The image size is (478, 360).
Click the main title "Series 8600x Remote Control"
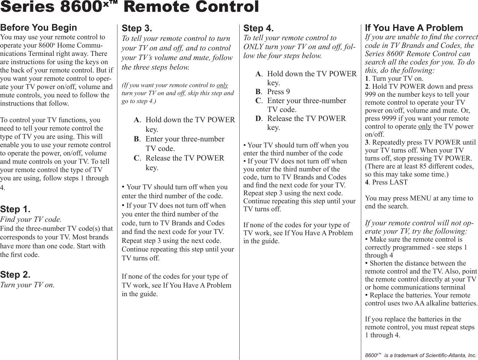click(129, 7)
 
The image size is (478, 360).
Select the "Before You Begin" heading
click(39, 28)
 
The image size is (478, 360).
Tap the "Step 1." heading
click(15, 209)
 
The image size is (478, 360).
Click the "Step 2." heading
click(15, 274)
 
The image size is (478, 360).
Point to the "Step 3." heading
click(137, 28)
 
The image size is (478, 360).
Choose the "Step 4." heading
click(258, 28)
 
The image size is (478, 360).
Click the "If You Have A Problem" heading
click(414, 28)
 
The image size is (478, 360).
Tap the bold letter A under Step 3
click(137, 120)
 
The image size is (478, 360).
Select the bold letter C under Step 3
click(137, 158)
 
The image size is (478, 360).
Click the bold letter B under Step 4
click(258, 92)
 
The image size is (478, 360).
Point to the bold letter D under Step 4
click(258, 119)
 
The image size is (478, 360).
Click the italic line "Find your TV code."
click(31, 219)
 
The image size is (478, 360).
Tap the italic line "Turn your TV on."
click(27, 285)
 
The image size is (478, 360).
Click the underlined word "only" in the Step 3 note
click(222, 85)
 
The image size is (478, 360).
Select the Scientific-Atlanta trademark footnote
click(421, 355)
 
